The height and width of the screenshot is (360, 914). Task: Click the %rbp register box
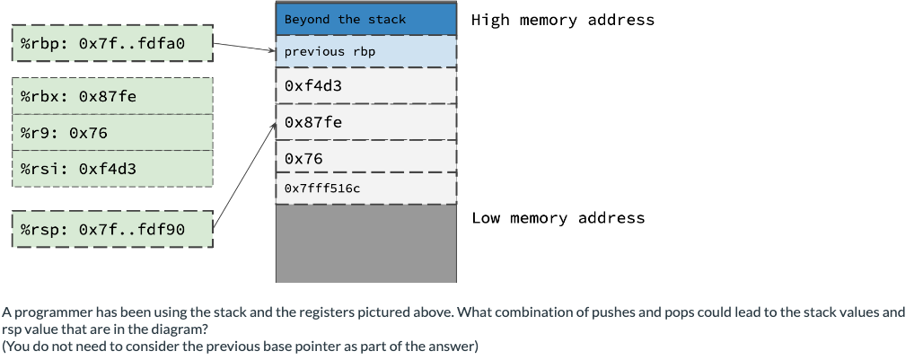[112, 42]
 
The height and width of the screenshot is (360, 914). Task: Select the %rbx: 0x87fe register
[112, 95]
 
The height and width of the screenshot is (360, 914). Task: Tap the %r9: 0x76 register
[112, 132]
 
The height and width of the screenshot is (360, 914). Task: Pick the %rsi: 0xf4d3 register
[112, 168]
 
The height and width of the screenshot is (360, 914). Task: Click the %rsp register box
[112, 230]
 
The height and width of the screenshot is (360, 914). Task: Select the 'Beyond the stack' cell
[366, 19]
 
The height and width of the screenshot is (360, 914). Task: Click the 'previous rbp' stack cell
[366, 52]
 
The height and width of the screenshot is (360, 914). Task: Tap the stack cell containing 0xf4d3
[366, 86]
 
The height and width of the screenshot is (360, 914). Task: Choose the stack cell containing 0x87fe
[366, 122]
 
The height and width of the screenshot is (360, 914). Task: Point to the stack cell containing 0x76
[366, 158]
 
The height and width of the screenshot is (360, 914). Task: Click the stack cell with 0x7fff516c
[366, 189]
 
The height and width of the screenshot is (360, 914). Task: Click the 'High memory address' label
[562, 20]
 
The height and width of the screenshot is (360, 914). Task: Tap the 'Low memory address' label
[558, 218]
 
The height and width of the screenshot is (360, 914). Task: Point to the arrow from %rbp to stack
[244, 47]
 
